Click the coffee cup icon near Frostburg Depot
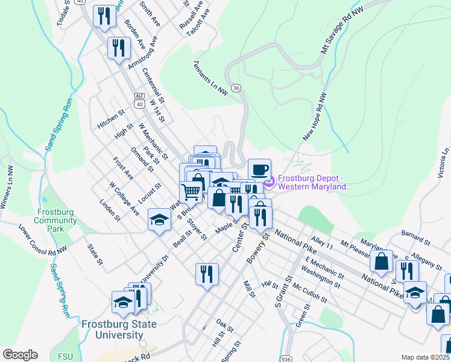[x=259, y=170]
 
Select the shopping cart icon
[x=191, y=192]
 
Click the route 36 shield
[x=236, y=88]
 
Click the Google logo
[x=20, y=355]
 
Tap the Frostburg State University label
[x=119, y=329]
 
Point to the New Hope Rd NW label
[x=314, y=118]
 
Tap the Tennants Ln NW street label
[x=211, y=78]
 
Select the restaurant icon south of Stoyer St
[x=207, y=274]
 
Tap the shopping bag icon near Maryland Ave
[x=381, y=261]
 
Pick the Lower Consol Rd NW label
[x=43, y=238]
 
